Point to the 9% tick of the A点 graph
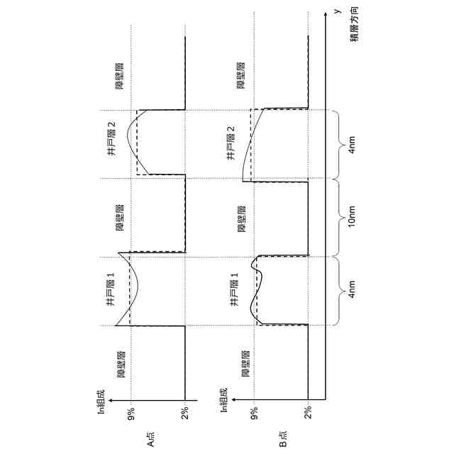tap(132, 412)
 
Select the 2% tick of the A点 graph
tap(184, 412)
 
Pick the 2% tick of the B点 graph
tap(309, 412)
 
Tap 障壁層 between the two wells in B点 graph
tap(242, 218)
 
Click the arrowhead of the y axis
tap(326, 13)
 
